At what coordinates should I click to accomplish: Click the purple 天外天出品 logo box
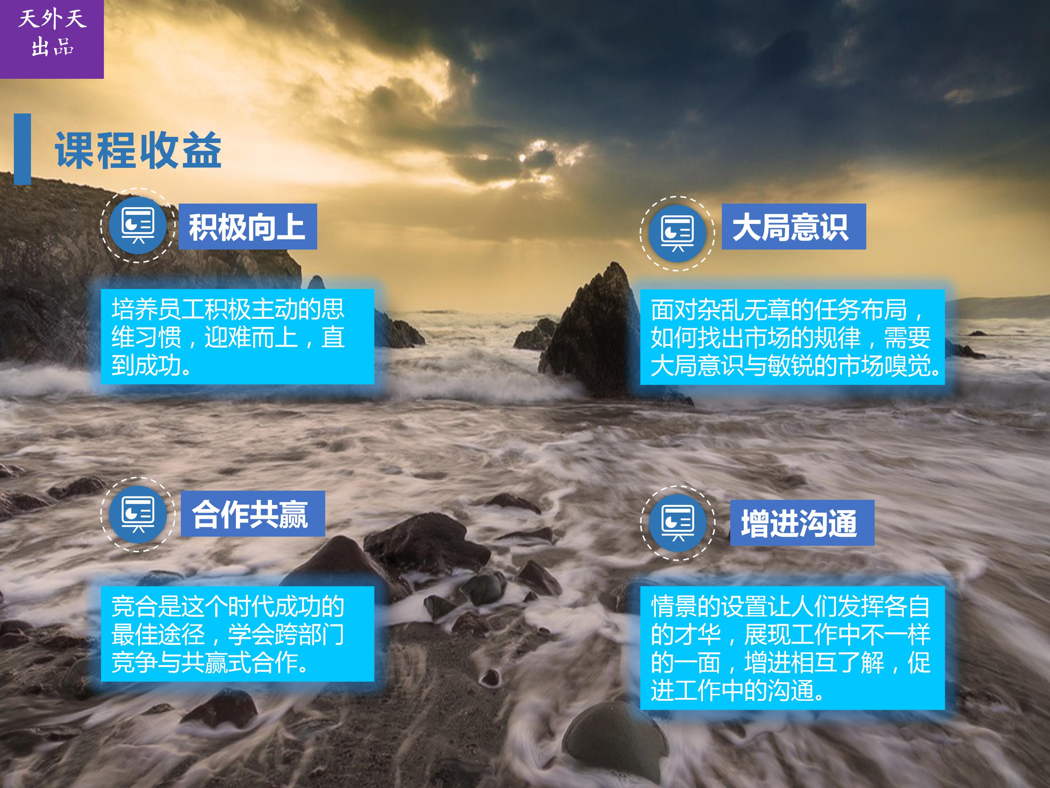point(52,39)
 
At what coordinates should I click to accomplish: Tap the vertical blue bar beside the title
point(22,149)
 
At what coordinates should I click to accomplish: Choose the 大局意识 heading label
point(794,227)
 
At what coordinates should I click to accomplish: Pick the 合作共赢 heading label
point(253,513)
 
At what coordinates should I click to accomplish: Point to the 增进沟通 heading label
point(802,522)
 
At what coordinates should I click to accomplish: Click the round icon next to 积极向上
point(138,225)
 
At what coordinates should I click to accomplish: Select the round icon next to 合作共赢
point(138,514)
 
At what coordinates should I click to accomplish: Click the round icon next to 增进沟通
point(677,522)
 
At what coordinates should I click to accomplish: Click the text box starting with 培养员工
point(237,337)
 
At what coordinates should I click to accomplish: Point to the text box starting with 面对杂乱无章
point(792,337)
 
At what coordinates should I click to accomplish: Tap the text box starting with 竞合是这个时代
point(237,634)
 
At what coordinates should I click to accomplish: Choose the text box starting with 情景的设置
point(792,648)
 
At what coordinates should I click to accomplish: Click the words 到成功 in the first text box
point(146,365)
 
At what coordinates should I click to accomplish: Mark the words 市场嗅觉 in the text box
point(884,365)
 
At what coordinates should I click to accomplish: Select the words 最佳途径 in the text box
point(158,634)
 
